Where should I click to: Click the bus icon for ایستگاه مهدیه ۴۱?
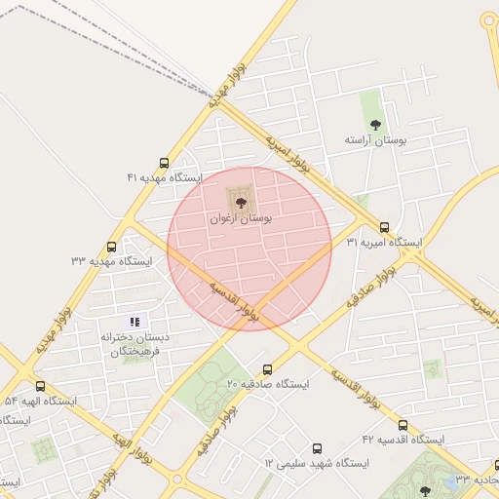(x=164, y=164)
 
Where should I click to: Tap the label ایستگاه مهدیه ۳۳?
(x=112, y=261)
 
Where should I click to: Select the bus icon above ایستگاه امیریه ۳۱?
(x=384, y=227)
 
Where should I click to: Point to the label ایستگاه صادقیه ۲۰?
(x=268, y=385)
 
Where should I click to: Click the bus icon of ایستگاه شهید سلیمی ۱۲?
(x=317, y=447)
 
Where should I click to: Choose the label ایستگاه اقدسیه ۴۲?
(x=403, y=440)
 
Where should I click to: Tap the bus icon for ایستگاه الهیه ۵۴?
(x=40, y=387)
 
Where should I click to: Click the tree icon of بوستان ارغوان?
(x=241, y=202)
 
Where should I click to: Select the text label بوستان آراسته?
(x=374, y=140)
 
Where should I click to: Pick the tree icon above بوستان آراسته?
(x=375, y=125)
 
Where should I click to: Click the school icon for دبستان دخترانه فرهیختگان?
(x=135, y=321)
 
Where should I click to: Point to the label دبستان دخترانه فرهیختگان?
(x=134, y=343)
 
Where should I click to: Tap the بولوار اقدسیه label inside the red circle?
(x=236, y=301)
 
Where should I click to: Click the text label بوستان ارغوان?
(x=241, y=218)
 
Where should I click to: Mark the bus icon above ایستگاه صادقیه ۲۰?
(x=268, y=369)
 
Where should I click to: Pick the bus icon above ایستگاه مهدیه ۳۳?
(x=111, y=247)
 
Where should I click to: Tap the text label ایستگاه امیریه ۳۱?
(x=384, y=242)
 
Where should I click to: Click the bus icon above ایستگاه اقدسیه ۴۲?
(x=403, y=425)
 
